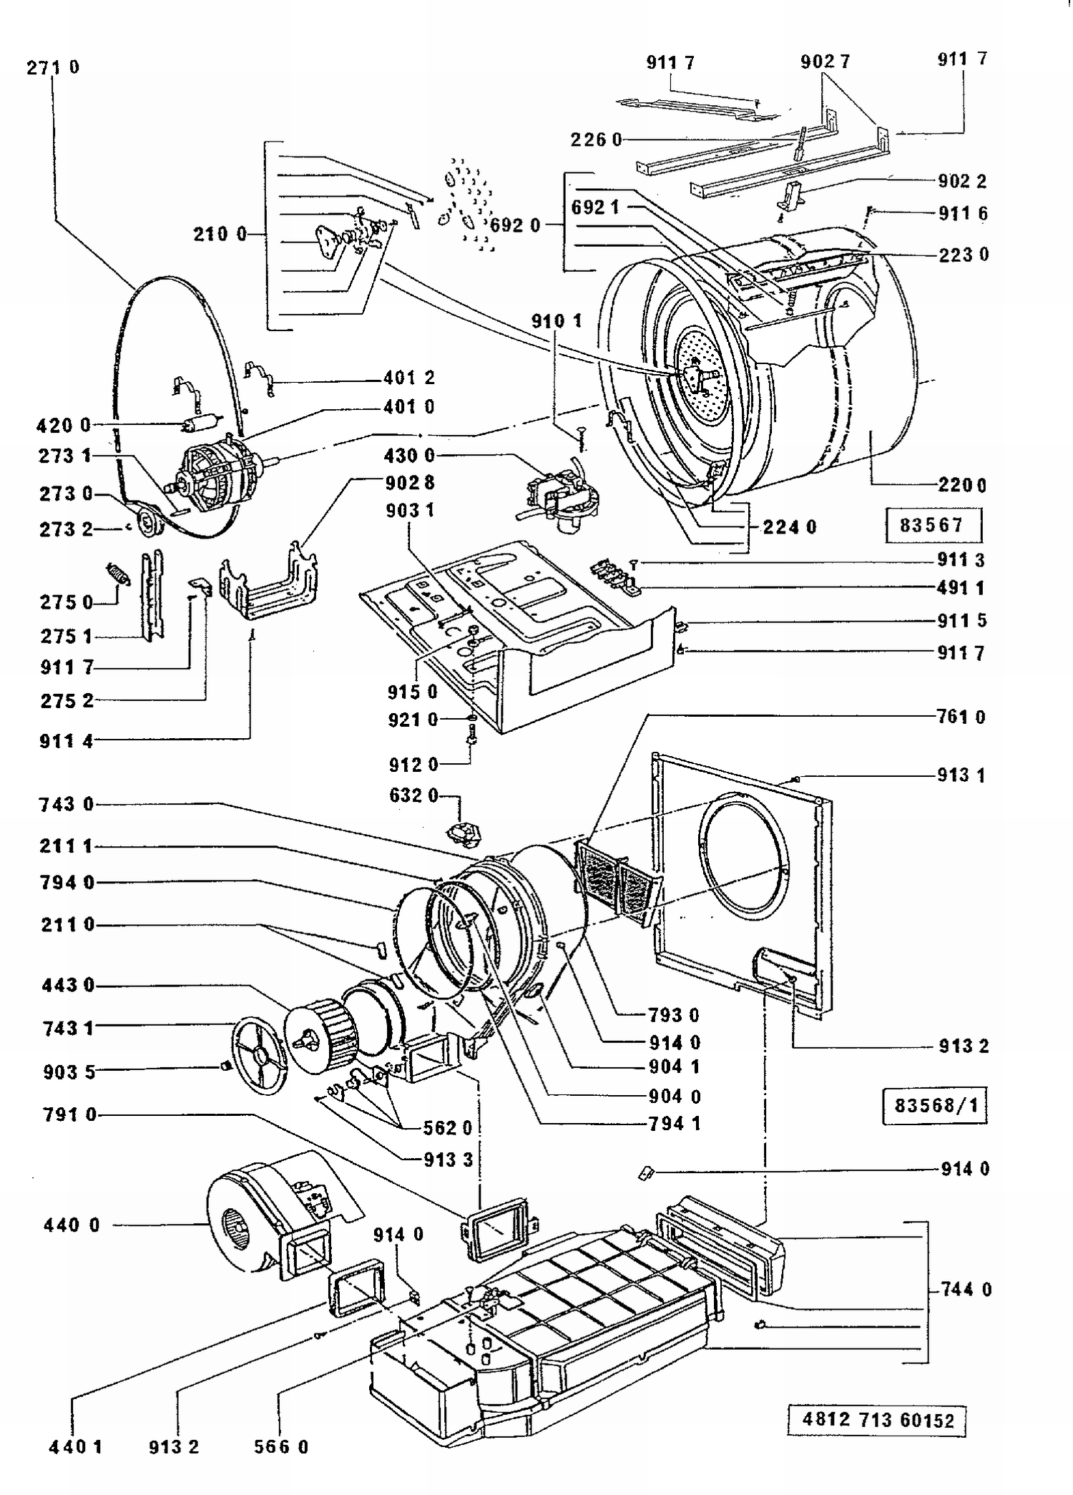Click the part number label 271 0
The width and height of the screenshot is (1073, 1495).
pos(53,67)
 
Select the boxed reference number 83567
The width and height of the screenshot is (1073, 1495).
pos(932,526)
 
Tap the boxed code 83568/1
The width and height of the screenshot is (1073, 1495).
pos(935,1105)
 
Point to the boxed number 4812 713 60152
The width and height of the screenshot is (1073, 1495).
pos(878,1419)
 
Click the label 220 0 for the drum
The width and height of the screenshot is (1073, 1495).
pos(962,486)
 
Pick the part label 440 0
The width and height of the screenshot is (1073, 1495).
pos(72,1225)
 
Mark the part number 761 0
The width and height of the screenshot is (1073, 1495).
pos(961,717)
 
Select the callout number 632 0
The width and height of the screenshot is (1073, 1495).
pos(413,795)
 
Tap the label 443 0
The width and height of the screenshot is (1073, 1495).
pos(68,985)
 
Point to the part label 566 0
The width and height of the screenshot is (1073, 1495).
pos(281,1446)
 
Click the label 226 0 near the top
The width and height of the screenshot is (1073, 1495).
pos(596,139)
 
